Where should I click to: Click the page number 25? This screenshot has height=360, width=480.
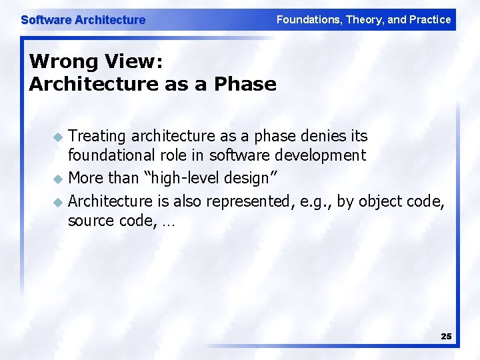446,337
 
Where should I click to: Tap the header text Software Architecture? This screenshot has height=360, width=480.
83,20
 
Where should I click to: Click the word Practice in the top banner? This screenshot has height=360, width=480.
429,20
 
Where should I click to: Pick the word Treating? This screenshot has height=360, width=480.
97,136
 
